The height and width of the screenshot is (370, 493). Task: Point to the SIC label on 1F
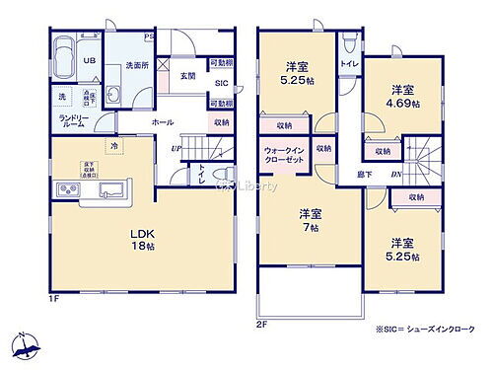222,84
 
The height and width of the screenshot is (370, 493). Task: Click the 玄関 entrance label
187,75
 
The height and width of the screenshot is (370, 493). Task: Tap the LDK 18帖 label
144,240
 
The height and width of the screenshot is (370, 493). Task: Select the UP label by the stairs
176,149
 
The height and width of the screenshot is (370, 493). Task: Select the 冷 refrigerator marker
114,145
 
